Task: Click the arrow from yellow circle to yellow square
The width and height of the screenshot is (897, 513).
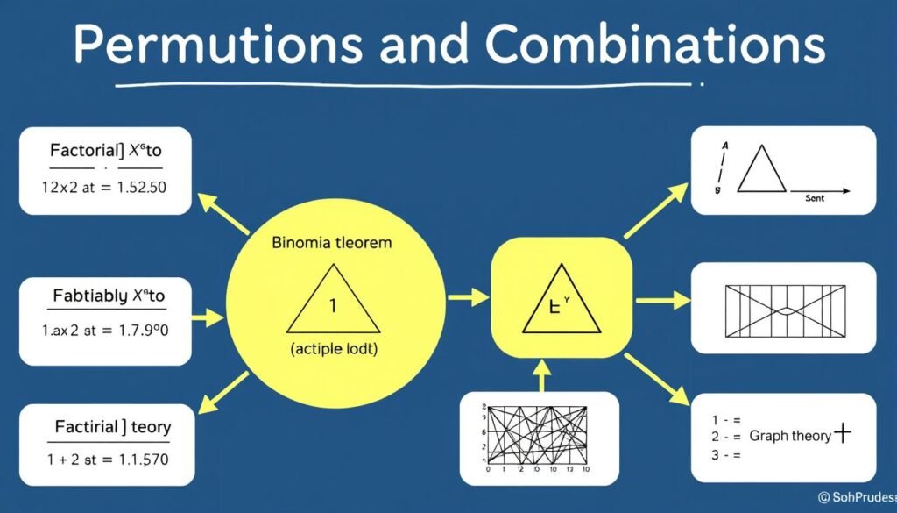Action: (x=468, y=297)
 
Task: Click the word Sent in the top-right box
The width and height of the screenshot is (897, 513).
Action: (x=815, y=200)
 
